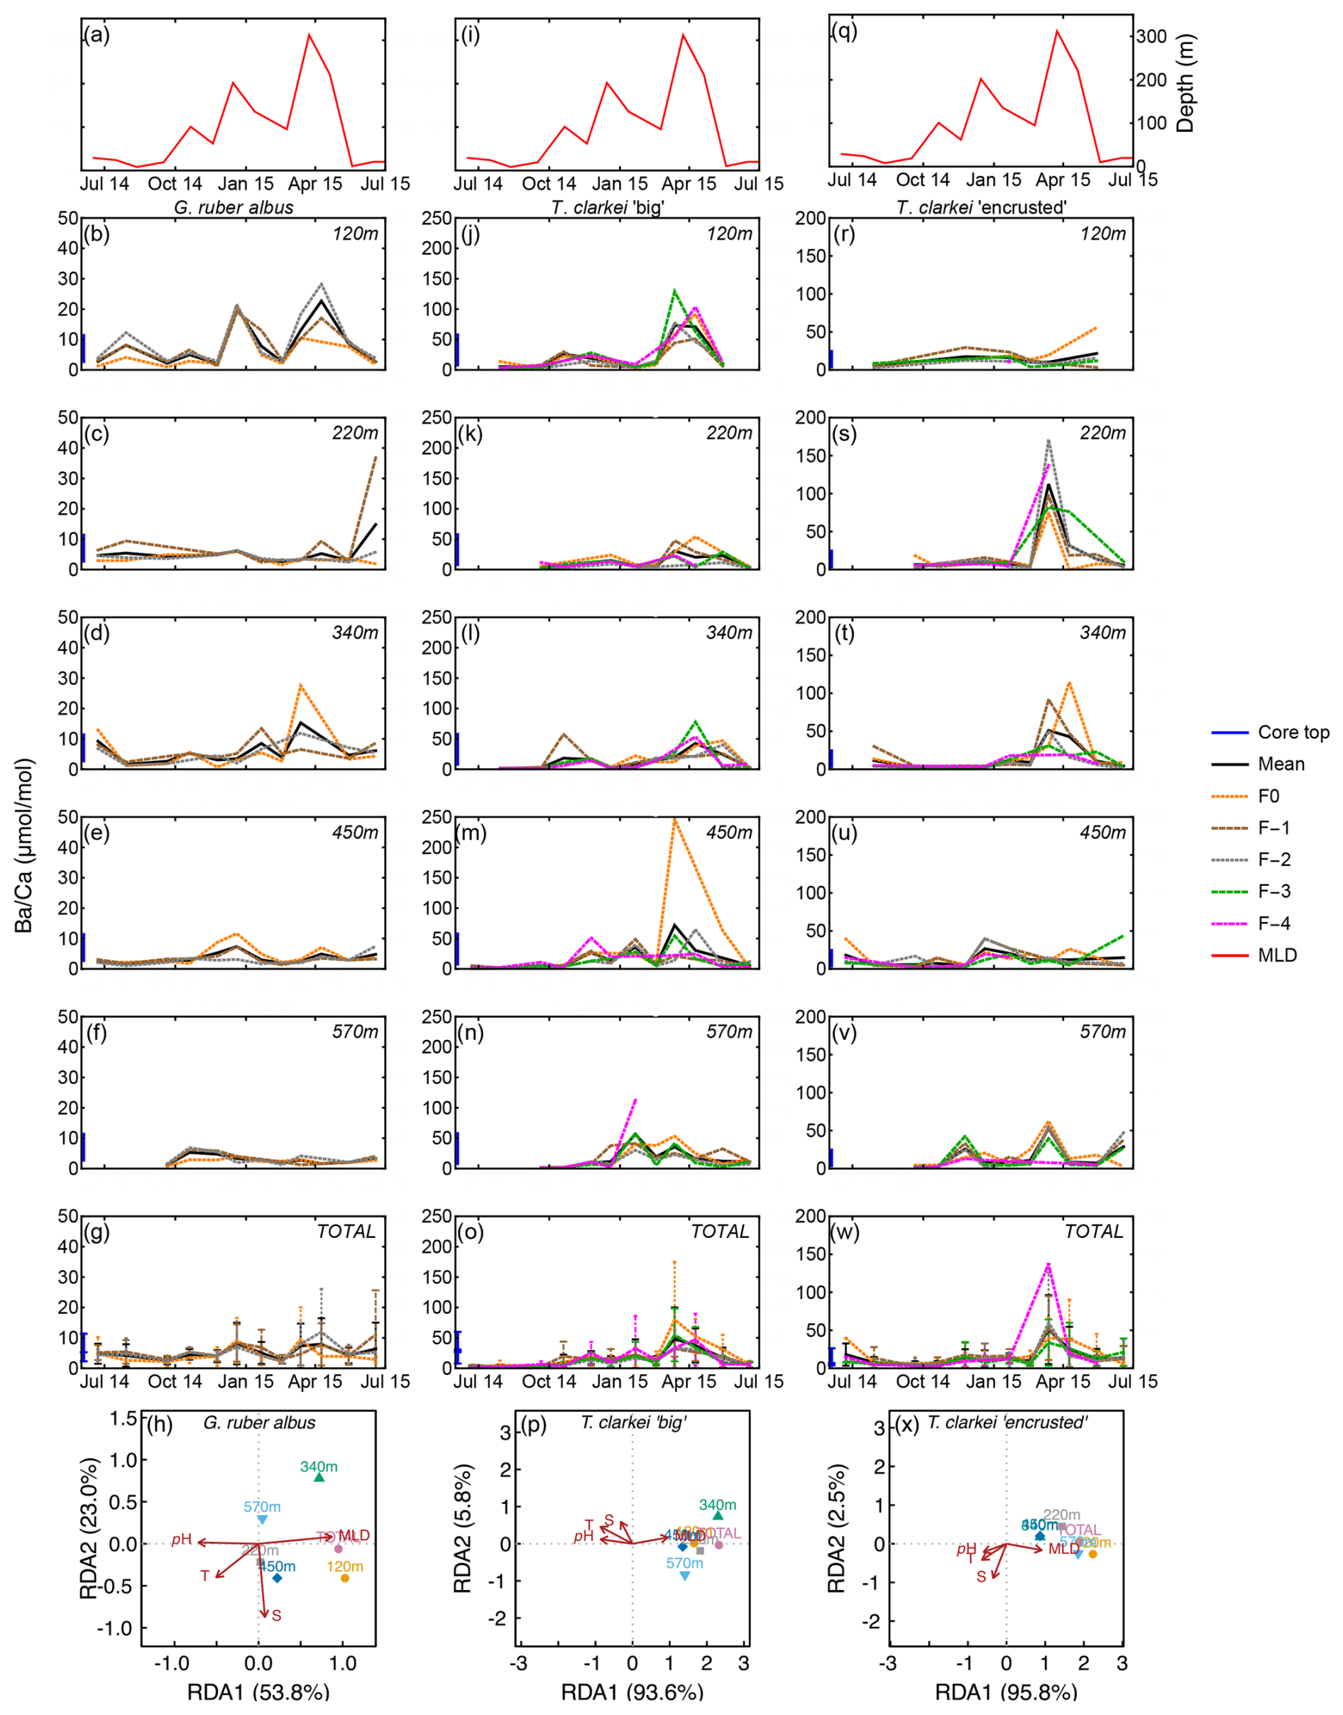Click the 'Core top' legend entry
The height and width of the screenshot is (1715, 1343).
tap(1293, 732)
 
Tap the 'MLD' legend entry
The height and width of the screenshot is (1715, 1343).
tap(1277, 955)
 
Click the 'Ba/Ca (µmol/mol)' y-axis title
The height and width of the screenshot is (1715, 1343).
tap(23, 845)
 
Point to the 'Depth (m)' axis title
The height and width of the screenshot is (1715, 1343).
tap(1185, 83)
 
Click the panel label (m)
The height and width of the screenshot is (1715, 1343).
tap(471, 832)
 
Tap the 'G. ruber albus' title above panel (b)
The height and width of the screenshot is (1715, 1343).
tap(234, 207)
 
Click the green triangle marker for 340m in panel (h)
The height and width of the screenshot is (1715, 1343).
tap(319, 1476)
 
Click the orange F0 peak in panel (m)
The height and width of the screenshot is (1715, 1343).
tap(674, 819)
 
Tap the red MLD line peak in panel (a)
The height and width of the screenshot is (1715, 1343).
tap(309, 35)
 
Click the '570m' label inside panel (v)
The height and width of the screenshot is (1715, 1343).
tap(1102, 1031)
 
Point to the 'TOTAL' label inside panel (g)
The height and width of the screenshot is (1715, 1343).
tap(346, 1232)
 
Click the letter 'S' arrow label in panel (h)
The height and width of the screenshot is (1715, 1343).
tap(276, 1615)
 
